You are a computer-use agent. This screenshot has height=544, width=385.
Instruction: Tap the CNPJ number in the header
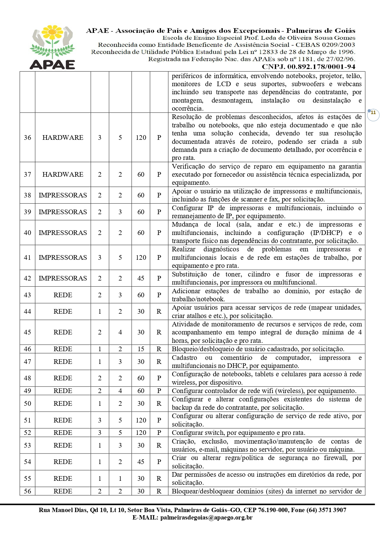(308, 67)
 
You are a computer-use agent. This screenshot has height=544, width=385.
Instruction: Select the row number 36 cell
(27, 137)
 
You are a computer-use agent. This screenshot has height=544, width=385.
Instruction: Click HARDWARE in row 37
(63, 174)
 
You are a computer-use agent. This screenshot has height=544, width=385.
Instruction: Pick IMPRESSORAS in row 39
(63, 212)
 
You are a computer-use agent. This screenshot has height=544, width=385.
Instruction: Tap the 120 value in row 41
(141, 257)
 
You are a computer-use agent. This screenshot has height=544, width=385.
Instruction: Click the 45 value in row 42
(141, 278)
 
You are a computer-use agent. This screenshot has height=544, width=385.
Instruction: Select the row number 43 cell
(27, 295)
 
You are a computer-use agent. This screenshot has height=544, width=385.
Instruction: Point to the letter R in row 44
(159, 311)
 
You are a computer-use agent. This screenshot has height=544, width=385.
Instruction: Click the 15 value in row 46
(141, 349)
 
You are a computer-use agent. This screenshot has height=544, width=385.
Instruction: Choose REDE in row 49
(63, 391)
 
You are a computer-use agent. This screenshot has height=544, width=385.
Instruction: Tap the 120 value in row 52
(141, 432)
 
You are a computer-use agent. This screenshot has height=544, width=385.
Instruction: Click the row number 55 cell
(27, 478)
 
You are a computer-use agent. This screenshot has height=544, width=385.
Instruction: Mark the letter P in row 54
(159, 462)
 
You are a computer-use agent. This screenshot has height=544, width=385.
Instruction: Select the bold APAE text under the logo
(52, 64)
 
